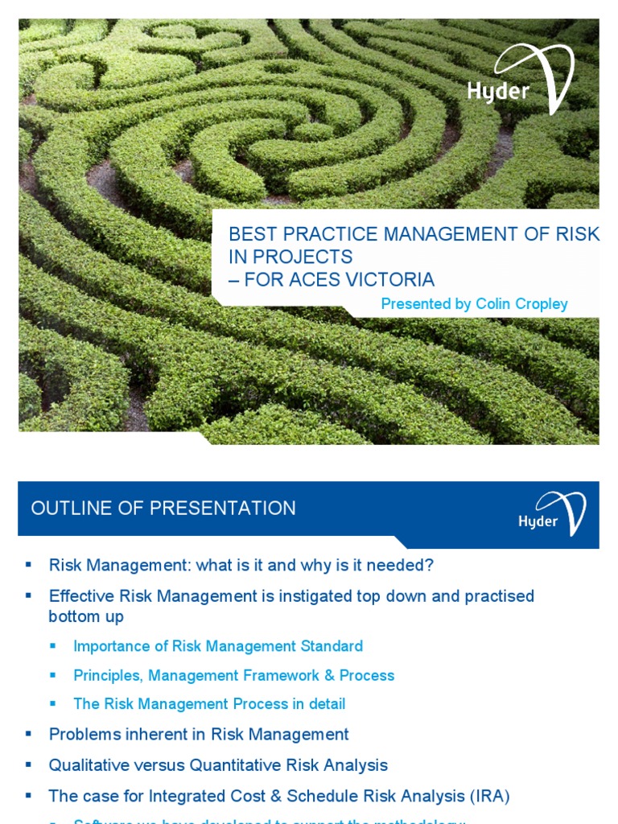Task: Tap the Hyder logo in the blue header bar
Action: tap(552, 514)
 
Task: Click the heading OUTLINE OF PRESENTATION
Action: tap(163, 509)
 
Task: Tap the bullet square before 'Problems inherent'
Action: tap(29, 733)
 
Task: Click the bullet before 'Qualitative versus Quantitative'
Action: tap(29, 764)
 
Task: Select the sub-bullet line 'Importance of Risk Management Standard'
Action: tap(217, 646)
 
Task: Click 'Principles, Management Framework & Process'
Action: tap(233, 675)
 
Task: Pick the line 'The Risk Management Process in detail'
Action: tap(209, 704)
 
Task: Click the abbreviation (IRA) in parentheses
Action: tap(487, 796)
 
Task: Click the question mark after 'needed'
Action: tap(429, 566)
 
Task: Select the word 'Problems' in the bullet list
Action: tap(84, 735)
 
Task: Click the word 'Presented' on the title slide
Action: tap(414, 304)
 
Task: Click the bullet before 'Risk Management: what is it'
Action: tap(29, 565)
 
